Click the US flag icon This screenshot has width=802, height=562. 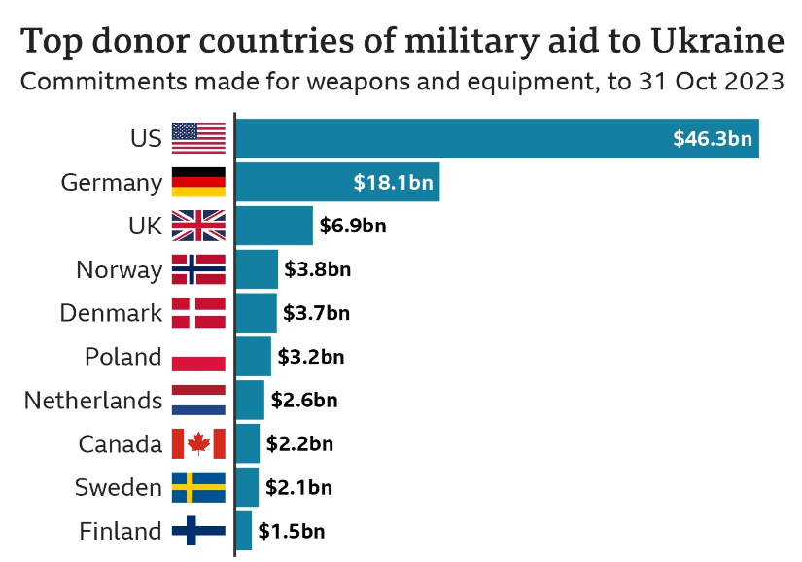(198, 138)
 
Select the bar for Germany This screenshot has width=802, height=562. (336, 182)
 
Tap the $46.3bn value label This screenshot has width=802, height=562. (712, 138)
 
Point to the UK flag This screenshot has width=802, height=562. (198, 226)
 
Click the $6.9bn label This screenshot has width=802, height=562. (352, 226)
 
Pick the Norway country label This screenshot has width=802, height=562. (119, 269)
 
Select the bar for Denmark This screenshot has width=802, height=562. (256, 313)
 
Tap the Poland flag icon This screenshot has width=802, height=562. (198, 357)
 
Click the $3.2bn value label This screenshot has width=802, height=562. (311, 357)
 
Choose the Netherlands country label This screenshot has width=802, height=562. (93, 400)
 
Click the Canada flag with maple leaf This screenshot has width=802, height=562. (198, 443)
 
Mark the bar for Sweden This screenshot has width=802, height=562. (247, 487)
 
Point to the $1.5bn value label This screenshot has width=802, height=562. (292, 531)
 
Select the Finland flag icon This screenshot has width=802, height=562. (198, 531)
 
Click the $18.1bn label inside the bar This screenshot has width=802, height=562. (393, 182)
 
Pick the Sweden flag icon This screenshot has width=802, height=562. (198, 487)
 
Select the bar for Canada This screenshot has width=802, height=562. (248, 443)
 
